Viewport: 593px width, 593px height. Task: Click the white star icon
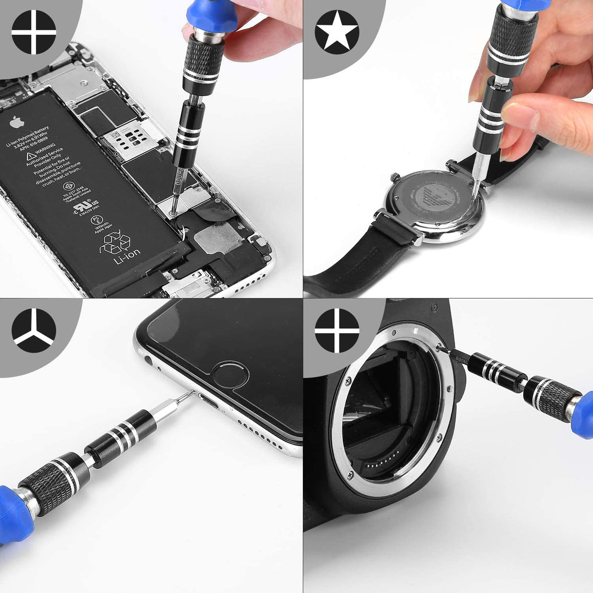[337, 32]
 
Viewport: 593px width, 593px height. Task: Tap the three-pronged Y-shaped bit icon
[33, 330]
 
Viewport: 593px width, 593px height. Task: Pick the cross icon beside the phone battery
[33, 32]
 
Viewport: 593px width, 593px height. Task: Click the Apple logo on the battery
[17, 122]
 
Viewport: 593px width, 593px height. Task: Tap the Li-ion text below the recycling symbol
[127, 256]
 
